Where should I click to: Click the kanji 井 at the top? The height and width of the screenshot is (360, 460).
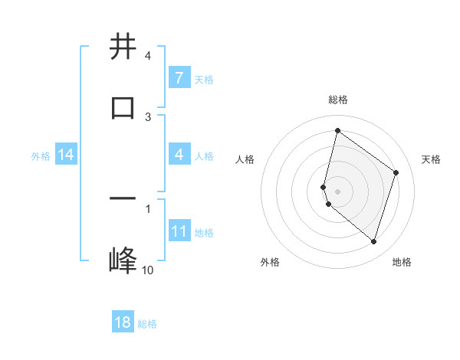(x=123, y=47)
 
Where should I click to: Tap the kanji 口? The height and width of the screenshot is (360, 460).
(x=123, y=106)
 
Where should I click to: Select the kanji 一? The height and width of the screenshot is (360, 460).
(x=123, y=198)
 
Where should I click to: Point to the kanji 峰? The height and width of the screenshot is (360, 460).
(x=123, y=260)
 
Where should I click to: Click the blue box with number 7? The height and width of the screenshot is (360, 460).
(x=179, y=78)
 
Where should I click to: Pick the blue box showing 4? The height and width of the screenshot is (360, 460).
(x=179, y=155)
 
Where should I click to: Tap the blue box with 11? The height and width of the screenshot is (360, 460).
(x=179, y=232)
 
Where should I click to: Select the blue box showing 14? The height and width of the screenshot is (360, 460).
(x=66, y=155)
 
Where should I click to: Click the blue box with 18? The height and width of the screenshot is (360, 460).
(x=123, y=322)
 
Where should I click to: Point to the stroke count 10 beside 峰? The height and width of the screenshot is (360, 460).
(x=147, y=270)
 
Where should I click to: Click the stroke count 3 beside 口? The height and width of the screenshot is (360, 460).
(x=148, y=116)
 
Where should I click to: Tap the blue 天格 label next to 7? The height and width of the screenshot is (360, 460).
(x=204, y=79)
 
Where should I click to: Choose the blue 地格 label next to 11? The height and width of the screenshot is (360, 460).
(x=204, y=233)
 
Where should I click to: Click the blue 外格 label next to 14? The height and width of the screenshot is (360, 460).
(x=41, y=156)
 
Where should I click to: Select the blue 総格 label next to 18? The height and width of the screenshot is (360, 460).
(x=147, y=323)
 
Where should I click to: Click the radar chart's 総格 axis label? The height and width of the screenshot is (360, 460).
(x=337, y=100)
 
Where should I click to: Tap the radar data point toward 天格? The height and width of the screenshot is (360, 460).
(x=396, y=172)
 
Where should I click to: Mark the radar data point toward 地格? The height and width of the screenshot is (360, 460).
(x=373, y=242)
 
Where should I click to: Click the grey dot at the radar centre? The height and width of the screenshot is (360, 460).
(x=337, y=190)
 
